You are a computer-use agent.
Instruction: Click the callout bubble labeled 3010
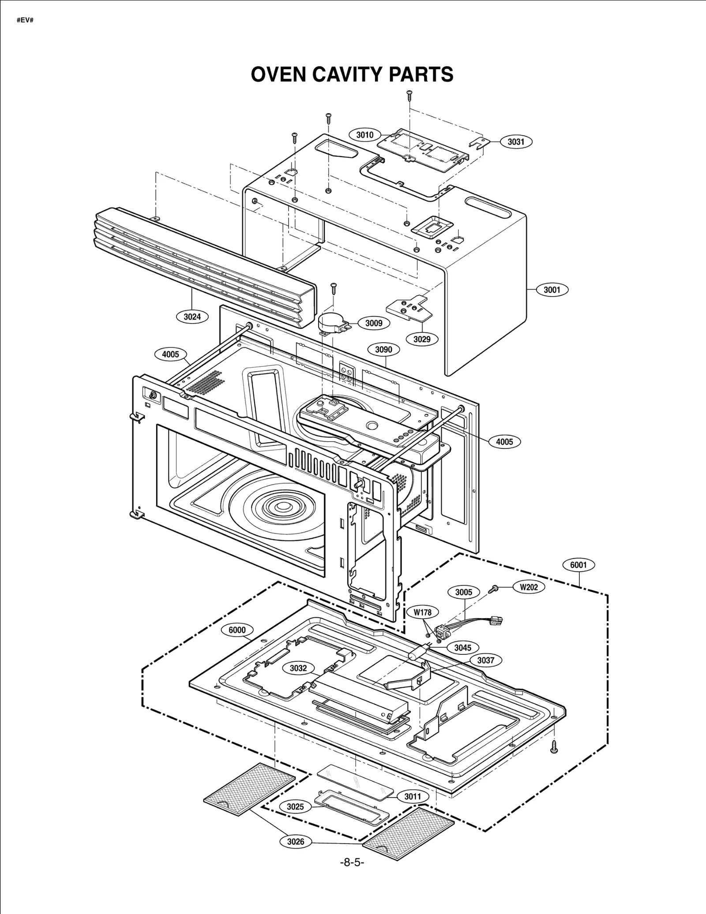point(364,135)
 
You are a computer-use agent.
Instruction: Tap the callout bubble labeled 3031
point(516,142)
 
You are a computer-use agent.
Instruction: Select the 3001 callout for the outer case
point(552,290)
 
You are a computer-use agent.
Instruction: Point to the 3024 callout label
point(192,316)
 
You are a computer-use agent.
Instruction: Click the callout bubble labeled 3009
point(374,323)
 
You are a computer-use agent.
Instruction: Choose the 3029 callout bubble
point(422,339)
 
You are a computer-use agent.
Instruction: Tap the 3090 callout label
point(383,350)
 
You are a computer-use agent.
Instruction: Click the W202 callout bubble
point(529,587)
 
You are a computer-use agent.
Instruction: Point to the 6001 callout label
point(578,565)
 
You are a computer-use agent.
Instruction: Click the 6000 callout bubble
point(237,630)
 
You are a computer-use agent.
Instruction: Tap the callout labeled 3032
point(298,668)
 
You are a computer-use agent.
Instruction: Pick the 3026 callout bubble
point(296,842)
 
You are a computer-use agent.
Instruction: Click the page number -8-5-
point(352,862)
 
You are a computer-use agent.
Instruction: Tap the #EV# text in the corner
point(25,21)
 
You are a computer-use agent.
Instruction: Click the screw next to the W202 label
point(494,588)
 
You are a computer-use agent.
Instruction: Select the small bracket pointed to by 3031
point(480,142)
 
